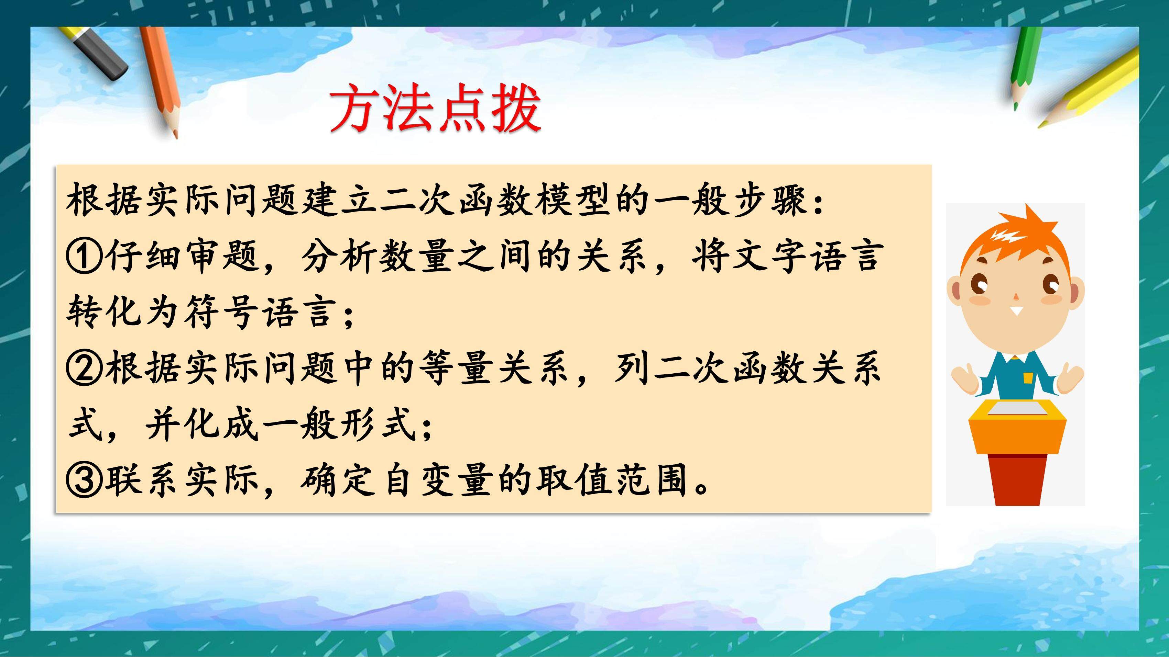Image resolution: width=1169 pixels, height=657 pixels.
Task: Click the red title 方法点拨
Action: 436,108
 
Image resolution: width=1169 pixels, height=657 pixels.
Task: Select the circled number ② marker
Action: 84,370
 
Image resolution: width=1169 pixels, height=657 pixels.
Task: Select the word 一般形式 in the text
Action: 339,425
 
